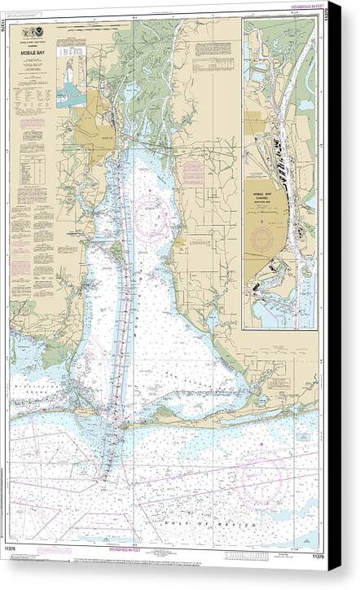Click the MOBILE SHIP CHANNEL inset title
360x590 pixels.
(260, 196)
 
